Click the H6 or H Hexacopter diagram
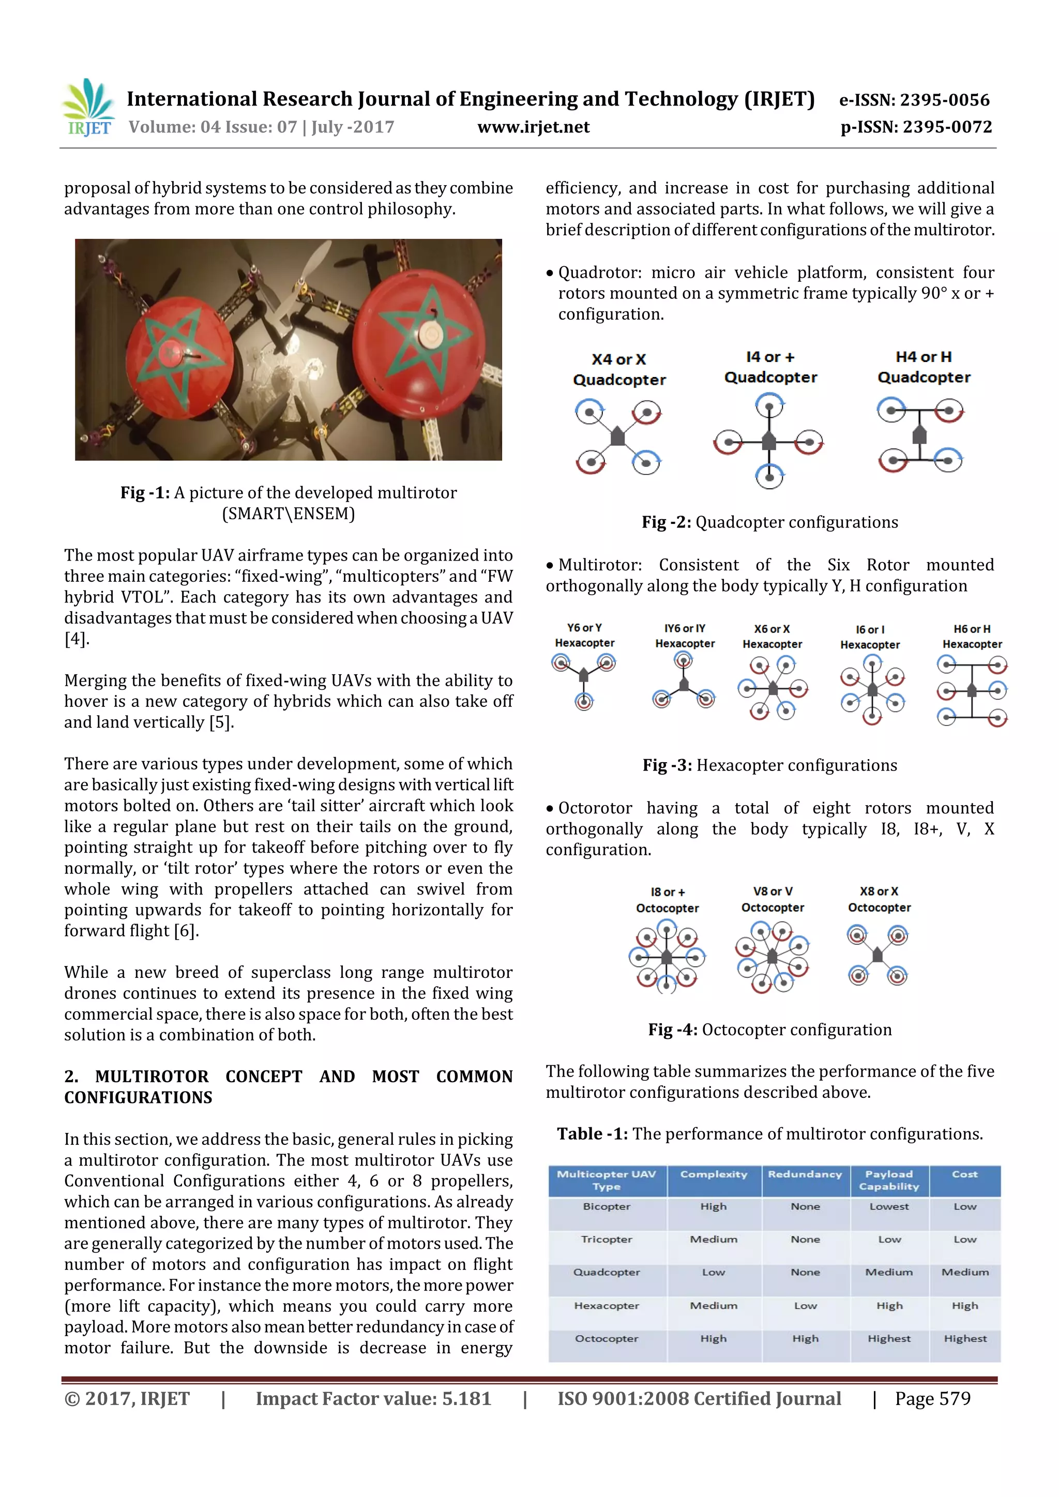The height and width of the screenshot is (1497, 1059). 972,690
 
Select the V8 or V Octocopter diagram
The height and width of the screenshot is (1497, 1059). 772,956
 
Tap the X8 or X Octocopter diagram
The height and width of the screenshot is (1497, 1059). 878,955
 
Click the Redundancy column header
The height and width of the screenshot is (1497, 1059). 805,1174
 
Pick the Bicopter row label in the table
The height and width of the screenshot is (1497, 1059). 607,1207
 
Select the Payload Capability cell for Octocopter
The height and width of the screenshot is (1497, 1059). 889,1339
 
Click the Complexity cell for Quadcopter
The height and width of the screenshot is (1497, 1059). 714,1272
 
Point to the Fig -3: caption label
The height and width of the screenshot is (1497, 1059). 667,765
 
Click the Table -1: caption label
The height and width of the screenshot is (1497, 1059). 592,1134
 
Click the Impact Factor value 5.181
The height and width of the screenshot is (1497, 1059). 466,1399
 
